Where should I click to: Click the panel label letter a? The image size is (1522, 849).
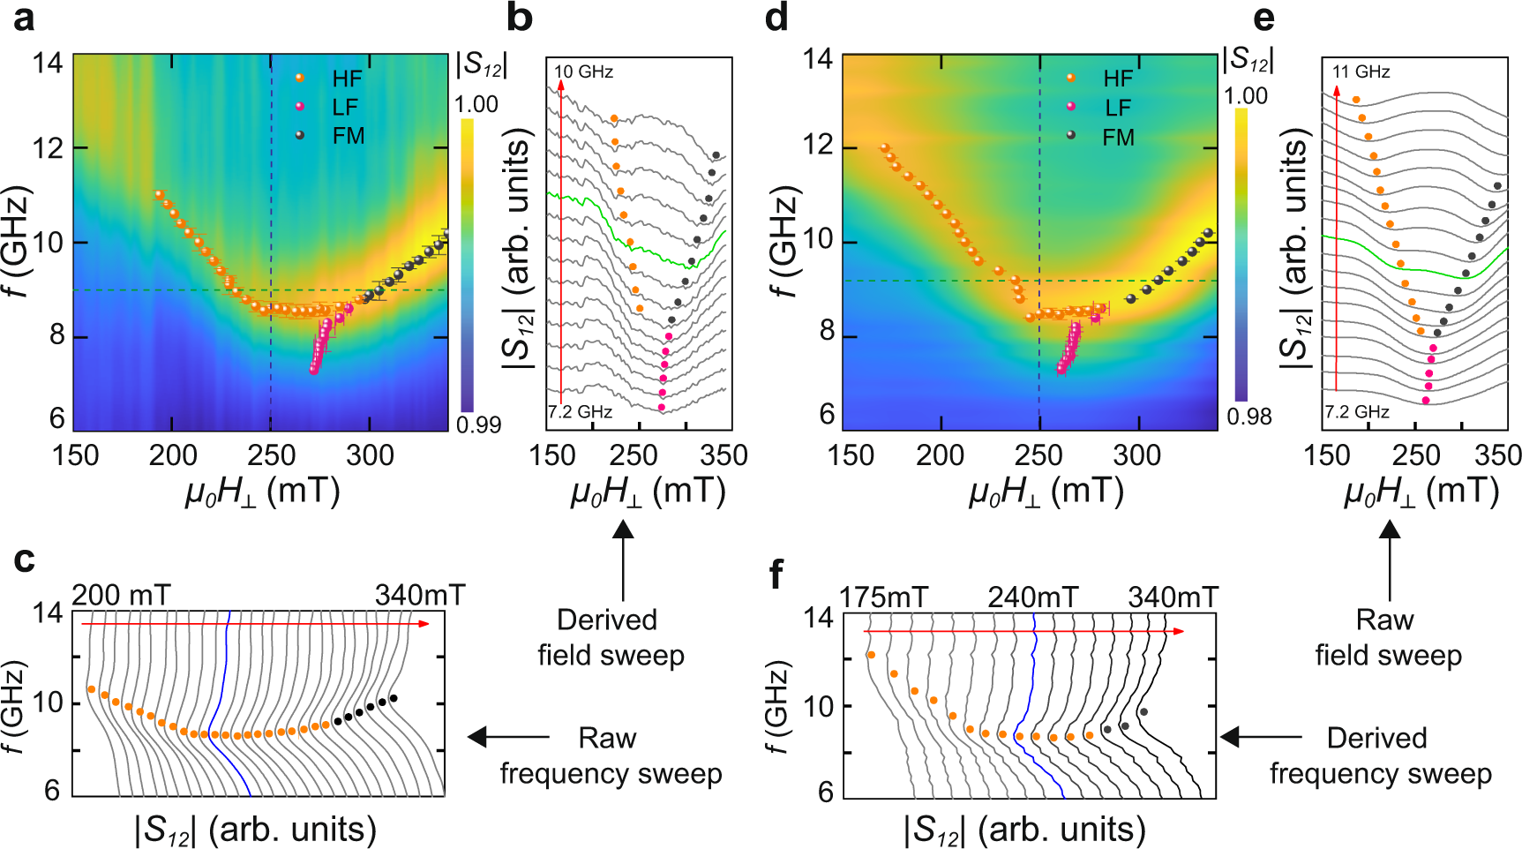[x=24, y=18]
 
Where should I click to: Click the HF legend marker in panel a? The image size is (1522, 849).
[x=300, y=79]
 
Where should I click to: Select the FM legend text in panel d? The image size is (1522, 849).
[x=1118, y=138]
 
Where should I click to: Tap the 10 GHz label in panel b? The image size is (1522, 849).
[x=583, y=71]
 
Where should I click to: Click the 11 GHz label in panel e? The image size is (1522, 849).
[x=1361, y=71]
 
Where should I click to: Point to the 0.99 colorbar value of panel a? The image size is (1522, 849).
[x=478, y=425]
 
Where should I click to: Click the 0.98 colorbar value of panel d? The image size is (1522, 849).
[x=1248, y=417]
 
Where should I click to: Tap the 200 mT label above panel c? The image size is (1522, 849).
[x=121, y=596]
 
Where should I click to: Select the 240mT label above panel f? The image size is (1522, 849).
[x=1032, y=598]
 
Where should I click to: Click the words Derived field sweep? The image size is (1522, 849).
[x=610, y=637]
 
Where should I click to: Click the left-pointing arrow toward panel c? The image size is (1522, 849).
[x=507, y=737]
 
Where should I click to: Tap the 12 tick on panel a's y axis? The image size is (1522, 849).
[x=49, y=148]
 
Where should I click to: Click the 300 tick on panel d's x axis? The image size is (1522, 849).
[x=1136, y=455]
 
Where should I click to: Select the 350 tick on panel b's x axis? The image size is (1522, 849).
[x=724, y=455]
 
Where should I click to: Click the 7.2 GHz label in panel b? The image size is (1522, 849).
[x=580, y=412]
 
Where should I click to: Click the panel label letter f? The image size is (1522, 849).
[x=776, y=575]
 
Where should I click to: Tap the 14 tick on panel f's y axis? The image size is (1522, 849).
[x=819, y=619]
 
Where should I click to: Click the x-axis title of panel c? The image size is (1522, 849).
[x=256, y=830]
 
